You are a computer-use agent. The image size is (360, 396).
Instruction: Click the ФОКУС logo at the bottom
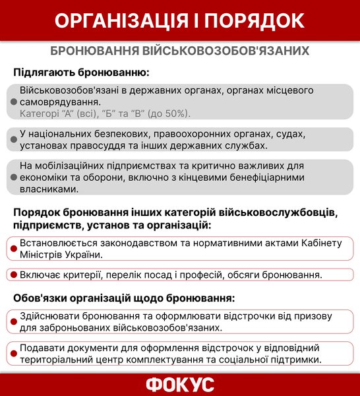[179, 383]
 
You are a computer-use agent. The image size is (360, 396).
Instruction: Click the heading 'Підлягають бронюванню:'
[81, 71]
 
